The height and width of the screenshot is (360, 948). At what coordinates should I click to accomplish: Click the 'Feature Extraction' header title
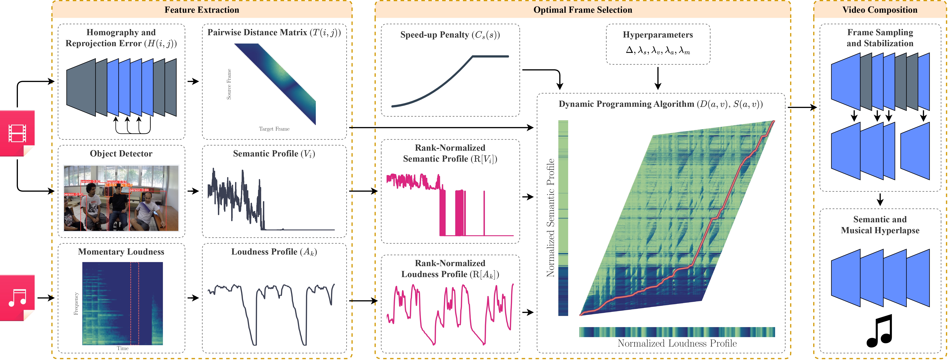(x=202, y=10)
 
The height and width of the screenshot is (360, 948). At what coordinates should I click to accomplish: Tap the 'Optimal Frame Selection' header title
(x=583, y=10)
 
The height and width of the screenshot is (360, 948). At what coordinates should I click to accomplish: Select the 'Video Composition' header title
(x=880, y=10)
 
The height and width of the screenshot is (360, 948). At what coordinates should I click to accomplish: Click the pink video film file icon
(x=17, y=133)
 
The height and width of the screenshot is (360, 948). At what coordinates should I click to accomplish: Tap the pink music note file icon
(x=17, y=297)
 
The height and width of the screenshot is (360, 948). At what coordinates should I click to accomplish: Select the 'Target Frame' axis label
(x=274, y=129)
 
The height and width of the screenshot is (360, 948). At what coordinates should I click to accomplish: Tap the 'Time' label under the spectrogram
(x=123, y=348)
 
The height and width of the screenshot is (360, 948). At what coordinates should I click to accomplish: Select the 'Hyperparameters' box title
(x=658, y=35)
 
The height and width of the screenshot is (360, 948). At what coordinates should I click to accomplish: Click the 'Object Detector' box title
(x=121, y=154)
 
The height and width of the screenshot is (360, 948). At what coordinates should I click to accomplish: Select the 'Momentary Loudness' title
(x=121, y=252)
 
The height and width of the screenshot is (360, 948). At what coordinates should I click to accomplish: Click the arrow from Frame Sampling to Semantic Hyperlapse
(x=880, y=200)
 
